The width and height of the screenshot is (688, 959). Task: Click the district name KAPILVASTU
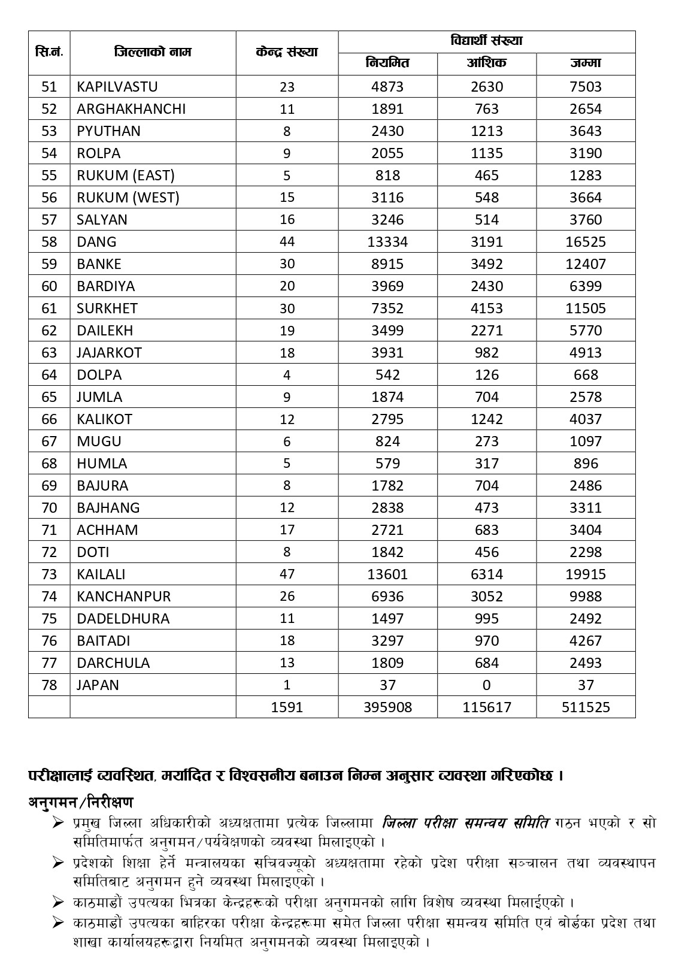pos(117,86)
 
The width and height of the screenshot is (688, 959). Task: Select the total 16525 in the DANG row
pos(586,241)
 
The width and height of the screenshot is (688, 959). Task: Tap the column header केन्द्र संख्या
pos(287,52)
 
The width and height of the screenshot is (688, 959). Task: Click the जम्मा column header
pos(586,63)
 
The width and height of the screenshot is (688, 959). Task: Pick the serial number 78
pos(49,685)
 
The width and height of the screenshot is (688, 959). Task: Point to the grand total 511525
pos(586,707)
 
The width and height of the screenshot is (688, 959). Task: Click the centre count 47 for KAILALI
pos(287,574)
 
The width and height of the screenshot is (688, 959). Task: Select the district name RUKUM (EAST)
pos(126,175)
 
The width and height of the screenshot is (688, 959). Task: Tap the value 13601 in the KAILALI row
pos(387,574)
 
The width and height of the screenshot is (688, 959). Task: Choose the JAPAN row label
pos(98,685)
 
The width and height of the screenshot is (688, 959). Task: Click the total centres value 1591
pos(287,707)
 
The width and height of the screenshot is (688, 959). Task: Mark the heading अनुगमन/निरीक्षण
pos(81,801)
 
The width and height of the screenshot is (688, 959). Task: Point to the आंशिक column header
pos(486,63)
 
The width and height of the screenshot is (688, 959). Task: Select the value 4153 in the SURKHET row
pos(486,308)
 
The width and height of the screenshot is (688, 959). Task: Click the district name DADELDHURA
pos(123,618)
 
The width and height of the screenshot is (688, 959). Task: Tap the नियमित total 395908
pos(387,707)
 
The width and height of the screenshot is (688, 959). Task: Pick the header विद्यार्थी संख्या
pos(486,41)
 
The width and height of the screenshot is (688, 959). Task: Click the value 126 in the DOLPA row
pos(486,374)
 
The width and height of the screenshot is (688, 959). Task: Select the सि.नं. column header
pos(49,52)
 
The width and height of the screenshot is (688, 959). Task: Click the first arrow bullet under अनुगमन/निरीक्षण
pos(58,822)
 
